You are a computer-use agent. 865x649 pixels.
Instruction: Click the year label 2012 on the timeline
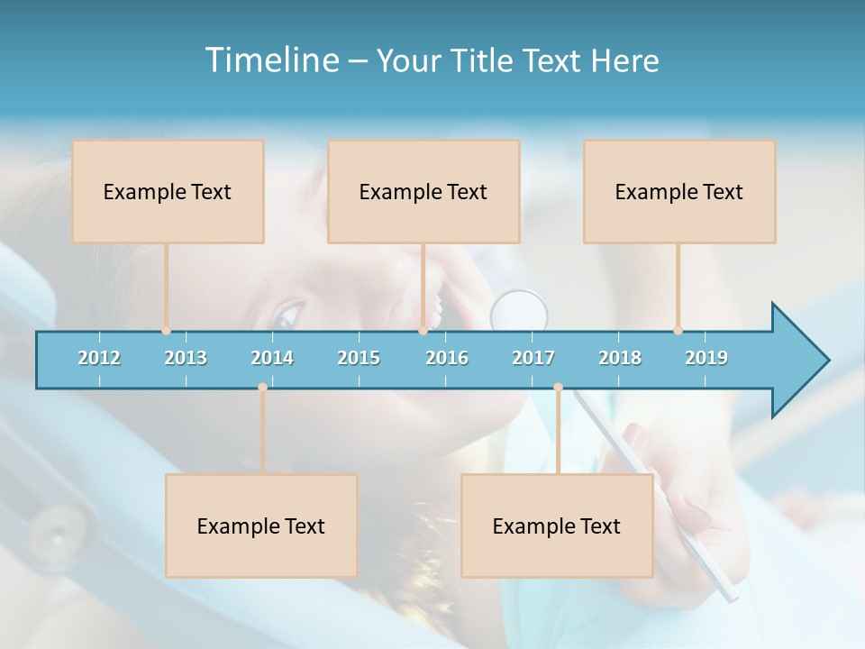[x=99, y=358]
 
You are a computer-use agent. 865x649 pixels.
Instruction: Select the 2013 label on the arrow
[x=186, y=358]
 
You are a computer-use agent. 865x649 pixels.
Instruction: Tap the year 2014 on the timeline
[x=272, y=358]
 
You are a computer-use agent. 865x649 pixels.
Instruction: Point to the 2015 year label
[x=359, y=358]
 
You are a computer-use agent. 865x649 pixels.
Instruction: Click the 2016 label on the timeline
[x=447, y=358]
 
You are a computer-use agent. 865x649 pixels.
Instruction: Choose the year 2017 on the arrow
[x=533, y=358]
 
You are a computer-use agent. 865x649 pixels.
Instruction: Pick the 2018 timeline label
[x=620, y=358]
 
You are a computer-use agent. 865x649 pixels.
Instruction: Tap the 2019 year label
[x=706, y=358]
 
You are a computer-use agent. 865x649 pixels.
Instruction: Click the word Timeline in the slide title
[x=270, y=59]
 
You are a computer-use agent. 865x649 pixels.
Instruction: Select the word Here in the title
[x=624, y=60]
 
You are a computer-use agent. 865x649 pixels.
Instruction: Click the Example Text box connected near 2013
[x=168, y=191]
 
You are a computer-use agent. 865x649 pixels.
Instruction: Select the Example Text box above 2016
[x=423, y=191]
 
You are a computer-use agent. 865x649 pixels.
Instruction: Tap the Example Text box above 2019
[x=679, y=191]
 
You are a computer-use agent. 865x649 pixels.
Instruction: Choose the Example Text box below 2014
[x=261, y=526]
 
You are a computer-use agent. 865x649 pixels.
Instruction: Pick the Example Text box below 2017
[x=557, y=526]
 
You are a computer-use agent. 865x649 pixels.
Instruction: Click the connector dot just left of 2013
[x=166, y=331]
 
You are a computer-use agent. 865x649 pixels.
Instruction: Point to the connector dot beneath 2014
[x=262, y=387]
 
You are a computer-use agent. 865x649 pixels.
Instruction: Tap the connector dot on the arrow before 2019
[x=678, y=331]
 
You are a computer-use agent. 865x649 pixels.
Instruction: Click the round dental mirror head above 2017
[x=519, y=311]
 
